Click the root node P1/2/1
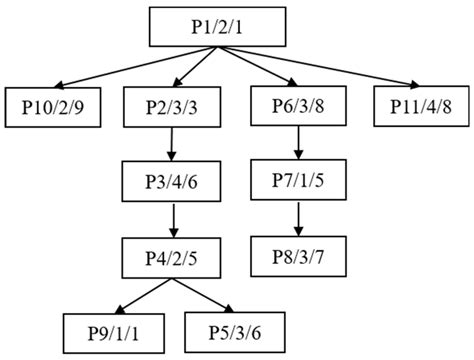coord(211,27)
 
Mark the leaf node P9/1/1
coord(113,330)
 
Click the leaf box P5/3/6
coord(236,330)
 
